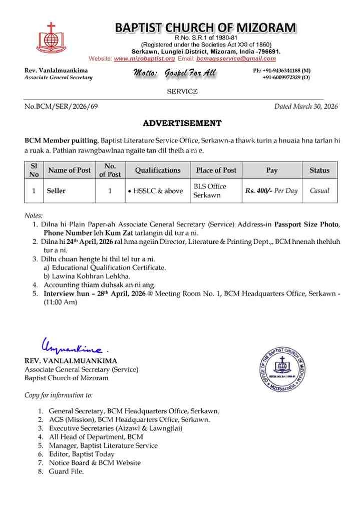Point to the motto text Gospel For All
coord(174,73)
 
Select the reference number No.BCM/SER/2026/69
coord(61,106)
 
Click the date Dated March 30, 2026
coord(306,106)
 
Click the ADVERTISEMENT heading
coord(182,123)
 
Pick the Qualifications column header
coord(158,170)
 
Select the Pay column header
coord(272,170)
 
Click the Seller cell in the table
coord(56,191)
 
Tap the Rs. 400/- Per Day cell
coord(271,191)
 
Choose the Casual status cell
coord(319,191)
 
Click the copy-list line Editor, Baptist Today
coord(82,454)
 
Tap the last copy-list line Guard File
coord(66,471)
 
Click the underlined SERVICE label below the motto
coord(182,91)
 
